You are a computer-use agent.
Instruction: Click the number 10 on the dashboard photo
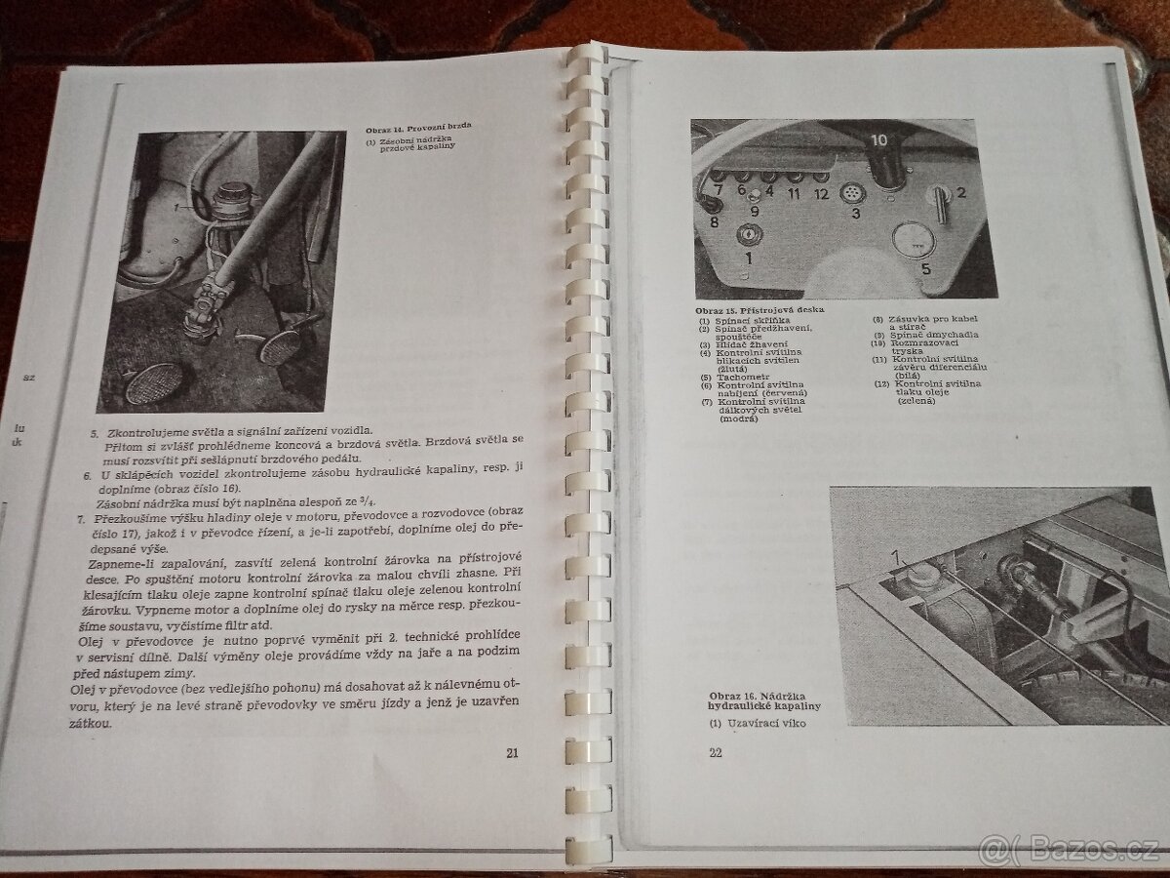[x=878, y=140]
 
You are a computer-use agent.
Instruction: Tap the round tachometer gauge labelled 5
[x=914, y=239]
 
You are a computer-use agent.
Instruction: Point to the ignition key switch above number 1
[x=749, y=234]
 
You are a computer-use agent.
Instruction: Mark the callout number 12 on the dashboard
[x=822, y=193]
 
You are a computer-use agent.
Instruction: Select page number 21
[x=514, y=752]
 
